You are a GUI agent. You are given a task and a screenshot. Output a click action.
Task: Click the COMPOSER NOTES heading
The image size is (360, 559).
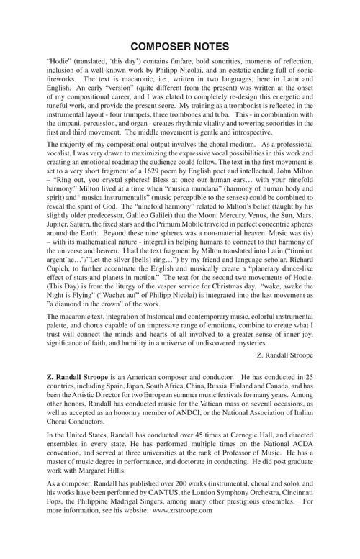180,47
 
